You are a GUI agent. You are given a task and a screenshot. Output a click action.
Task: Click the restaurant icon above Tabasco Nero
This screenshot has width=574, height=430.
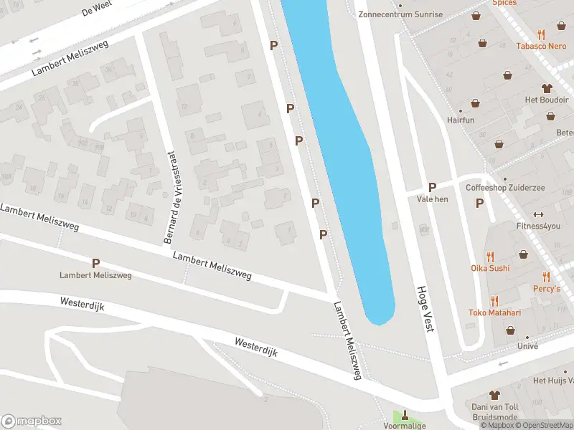[x=542, y=34]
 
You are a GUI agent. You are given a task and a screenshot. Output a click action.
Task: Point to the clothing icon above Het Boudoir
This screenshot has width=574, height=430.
[x=547, y=88]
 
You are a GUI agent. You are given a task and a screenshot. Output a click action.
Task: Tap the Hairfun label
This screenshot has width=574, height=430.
[x=461, y=120]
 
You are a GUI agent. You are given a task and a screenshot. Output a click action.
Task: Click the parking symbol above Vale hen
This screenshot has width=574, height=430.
[x=433, y=187]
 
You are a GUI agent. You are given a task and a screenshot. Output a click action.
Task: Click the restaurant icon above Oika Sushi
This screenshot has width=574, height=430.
[x=490, y=257]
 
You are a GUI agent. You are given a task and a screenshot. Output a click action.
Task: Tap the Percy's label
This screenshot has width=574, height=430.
[x=546, y=288]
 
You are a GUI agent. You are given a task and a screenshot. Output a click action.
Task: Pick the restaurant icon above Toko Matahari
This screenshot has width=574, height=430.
[x=494, y=301]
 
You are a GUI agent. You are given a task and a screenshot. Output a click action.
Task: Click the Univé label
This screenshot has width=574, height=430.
[x=527, y=345]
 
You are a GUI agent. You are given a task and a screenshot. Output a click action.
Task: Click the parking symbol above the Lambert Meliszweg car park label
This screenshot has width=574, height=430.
[x=95, y=264]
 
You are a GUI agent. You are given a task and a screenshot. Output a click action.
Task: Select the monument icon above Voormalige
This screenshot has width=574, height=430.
[x=405, y=414]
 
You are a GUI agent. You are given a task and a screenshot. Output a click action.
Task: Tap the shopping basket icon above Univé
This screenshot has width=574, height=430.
[x=510, y=330]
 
